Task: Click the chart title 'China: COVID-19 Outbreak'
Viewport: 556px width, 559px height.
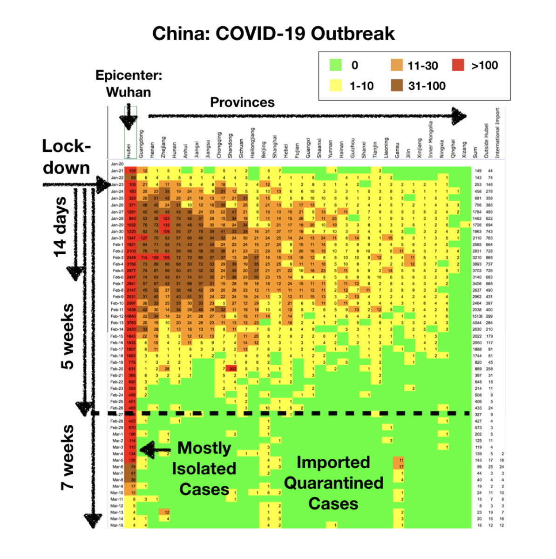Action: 273,34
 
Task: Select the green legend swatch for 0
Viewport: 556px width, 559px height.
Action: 335,65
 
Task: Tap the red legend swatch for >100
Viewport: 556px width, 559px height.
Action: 458,65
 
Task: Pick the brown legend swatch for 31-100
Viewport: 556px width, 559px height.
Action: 397,86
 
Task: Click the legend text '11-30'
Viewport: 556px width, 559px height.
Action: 422,66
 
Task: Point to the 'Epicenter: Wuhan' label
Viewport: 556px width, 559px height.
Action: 129,83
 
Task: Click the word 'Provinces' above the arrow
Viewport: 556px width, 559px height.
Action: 242,102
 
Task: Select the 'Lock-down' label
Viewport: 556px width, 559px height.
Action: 66,157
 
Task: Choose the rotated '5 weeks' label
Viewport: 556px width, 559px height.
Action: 68,336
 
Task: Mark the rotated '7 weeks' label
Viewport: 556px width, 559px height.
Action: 68,457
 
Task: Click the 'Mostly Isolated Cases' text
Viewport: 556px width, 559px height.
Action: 204,469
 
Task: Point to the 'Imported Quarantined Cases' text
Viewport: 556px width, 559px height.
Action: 333,483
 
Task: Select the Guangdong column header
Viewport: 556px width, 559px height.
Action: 141,144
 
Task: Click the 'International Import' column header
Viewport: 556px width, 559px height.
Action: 497,133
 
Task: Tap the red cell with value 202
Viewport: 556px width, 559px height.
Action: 233,368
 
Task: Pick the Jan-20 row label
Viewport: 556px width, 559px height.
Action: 117,164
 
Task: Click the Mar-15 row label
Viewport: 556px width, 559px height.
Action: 117,525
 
